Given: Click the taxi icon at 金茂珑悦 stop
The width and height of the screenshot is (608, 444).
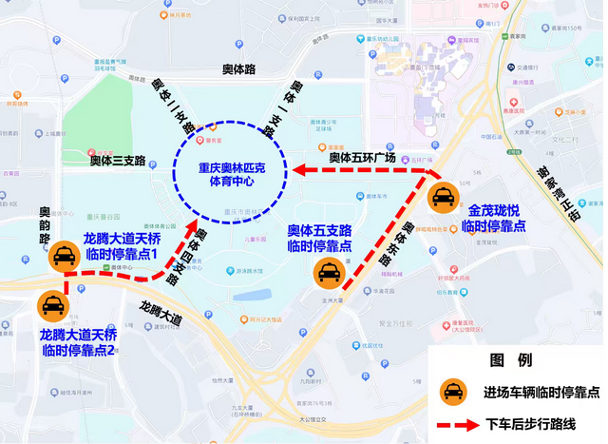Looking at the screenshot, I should pos(444,197).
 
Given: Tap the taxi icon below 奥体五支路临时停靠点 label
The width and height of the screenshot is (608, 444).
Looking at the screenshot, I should pos(328,274).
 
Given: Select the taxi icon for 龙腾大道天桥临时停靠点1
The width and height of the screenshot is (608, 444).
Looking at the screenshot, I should pos(63,254).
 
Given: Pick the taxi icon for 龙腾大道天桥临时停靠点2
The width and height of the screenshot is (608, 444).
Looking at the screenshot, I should pos(51,306).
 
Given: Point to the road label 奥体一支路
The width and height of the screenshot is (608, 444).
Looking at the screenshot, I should pos(300,103).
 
